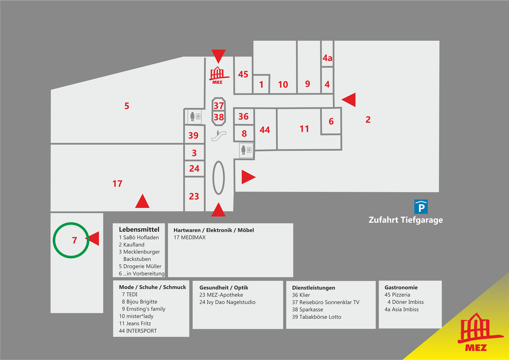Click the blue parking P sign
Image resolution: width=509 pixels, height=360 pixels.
421,207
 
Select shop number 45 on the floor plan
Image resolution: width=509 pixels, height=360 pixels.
243,74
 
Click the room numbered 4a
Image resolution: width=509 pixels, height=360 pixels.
327,58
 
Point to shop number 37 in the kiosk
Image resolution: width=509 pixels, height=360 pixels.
219,106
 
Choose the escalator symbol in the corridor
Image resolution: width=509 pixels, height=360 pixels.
219,136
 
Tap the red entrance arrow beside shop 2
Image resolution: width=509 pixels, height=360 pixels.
349,100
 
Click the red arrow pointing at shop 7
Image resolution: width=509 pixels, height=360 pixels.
93,238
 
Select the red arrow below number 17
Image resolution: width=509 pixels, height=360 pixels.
142,201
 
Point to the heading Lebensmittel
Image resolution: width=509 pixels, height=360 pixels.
139,230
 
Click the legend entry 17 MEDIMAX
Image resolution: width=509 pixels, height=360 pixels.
190,238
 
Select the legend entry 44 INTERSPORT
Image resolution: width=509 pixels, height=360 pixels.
138,331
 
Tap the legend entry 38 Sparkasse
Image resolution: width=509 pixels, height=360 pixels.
308,310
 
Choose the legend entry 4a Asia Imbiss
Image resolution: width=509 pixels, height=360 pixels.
402,309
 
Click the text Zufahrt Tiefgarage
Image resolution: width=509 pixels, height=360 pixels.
406,220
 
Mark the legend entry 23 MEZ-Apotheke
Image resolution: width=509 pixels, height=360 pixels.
221,295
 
